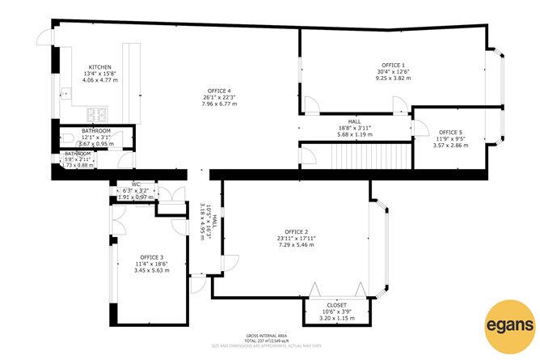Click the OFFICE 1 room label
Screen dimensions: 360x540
point(393,64)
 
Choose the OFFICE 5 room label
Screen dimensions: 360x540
point(450,132)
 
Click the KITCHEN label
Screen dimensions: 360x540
point(99,67)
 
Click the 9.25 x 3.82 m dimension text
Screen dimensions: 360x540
point(393,78)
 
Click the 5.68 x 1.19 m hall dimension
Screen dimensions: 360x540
point(354,135)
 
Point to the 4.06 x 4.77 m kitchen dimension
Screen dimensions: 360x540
point(99,81)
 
